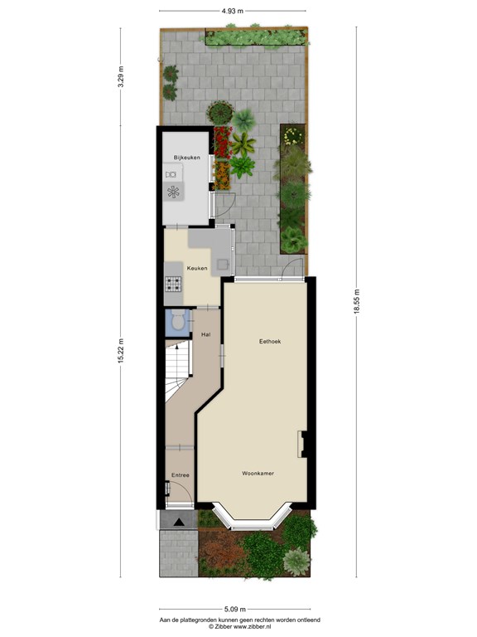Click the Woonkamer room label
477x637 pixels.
coord(258,474)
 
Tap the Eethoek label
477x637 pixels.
coord(270,341)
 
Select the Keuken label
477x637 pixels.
coord(197,268)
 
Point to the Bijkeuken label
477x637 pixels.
coord(187,158)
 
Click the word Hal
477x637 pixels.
coord(206,335)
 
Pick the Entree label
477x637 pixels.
coord(180,475)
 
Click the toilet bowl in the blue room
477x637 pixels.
coord(178,320)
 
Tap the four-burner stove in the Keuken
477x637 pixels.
coord(173,284)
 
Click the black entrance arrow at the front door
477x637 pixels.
coord(179,523)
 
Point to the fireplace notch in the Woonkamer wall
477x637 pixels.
coord(302,444)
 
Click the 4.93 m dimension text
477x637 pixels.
coord(233,11)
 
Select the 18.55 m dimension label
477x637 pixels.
coord(357,301)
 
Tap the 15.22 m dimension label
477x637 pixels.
coord(120,352)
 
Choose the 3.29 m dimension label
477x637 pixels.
coord(120,76)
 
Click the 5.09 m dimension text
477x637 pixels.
coord(235,609)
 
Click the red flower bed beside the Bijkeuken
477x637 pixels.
coord(223,142)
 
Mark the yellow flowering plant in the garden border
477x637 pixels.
coord(292,136)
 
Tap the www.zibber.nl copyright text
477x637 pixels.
coord(239,627)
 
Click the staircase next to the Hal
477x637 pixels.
coord(177,371)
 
